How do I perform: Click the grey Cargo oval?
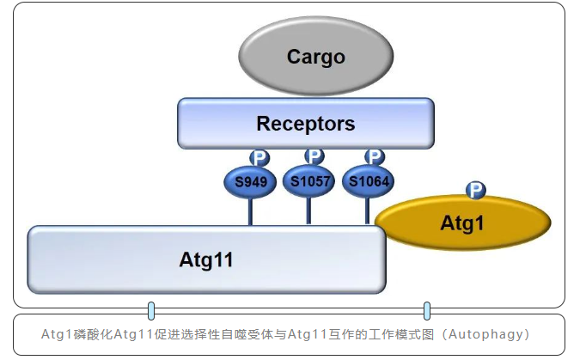click(315, 57)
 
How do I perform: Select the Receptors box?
click(305, 124)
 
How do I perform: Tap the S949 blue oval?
click(250, 181)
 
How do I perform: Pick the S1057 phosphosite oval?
click(308, 180)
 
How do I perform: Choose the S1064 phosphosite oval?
click(368, 181)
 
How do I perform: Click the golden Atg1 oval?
click(462, 224)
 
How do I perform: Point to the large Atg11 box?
click(206, 259)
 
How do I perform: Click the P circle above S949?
click(259, 157)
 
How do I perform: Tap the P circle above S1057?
click(314, 156)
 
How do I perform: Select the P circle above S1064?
click(375, 156)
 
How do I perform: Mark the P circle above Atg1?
click(475, 190)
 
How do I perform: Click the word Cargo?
click(315, 57)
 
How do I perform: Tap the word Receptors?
click(305, 124)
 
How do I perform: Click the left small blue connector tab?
click(151, 310)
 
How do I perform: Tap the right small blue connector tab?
click(426, 310)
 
